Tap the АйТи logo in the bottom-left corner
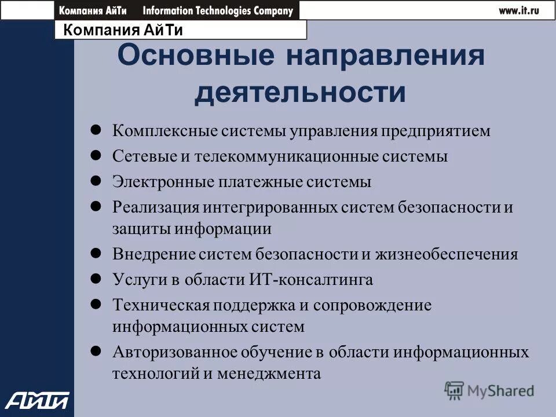coord(38,400)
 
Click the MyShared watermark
coord(489,391)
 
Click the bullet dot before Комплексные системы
coord(97,130)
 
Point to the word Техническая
coord(160,305)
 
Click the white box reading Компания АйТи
coord(180,30)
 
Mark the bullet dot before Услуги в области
coord(97,279)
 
